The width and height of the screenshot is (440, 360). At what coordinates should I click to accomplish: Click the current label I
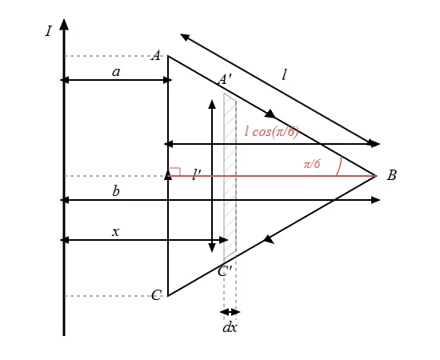(x=49, y=31)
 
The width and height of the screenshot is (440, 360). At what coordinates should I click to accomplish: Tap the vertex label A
(x=156, y=55)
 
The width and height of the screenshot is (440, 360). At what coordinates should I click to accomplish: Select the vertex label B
(x=392, y=175)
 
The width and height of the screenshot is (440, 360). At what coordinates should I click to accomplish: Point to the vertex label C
(x=156, y=295)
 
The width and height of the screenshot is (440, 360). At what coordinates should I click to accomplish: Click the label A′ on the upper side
(x=225, y=79)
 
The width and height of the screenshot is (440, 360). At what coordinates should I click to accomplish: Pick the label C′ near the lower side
(x=225, y=271)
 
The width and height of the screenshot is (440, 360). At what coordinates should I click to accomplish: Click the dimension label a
(x=116, y=72)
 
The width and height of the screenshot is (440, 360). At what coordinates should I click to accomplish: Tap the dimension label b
(x=116, y=191)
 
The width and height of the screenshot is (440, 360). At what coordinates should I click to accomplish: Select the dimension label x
(x=116, y=232)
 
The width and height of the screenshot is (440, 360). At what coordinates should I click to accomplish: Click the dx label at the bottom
(x=230, y=327)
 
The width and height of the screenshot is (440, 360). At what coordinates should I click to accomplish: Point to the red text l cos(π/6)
(x=272, y=131)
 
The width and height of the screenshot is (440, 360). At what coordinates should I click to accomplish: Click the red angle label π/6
(x=312, y=164)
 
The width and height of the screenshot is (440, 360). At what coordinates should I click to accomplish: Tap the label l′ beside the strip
(x=197, y=175)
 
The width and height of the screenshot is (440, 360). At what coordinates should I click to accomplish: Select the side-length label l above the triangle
(x=284, y=75)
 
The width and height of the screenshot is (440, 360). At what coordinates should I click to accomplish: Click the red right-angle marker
(x=174, y=172)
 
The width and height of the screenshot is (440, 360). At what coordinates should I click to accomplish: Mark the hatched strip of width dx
(x=230, y=177)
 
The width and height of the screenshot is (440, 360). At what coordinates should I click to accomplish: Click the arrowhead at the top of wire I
(x=64, y=24)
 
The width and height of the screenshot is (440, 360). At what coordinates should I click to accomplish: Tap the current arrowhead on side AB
(x=270, y=114)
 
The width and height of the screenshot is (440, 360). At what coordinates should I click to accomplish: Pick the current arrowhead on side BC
(x=268, y=239)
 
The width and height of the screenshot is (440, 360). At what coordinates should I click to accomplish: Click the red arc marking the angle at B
(x=339, y=166)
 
